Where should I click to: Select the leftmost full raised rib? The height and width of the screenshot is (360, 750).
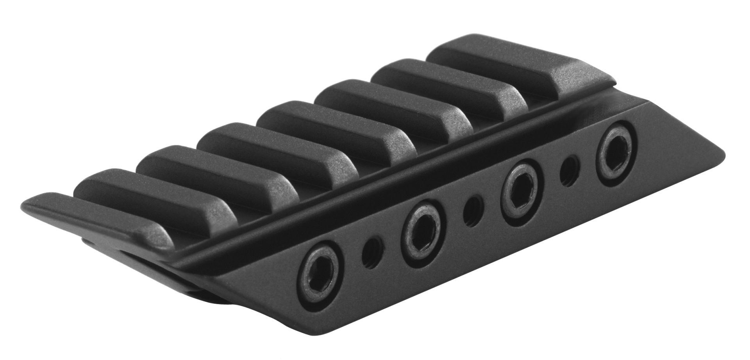148,203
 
